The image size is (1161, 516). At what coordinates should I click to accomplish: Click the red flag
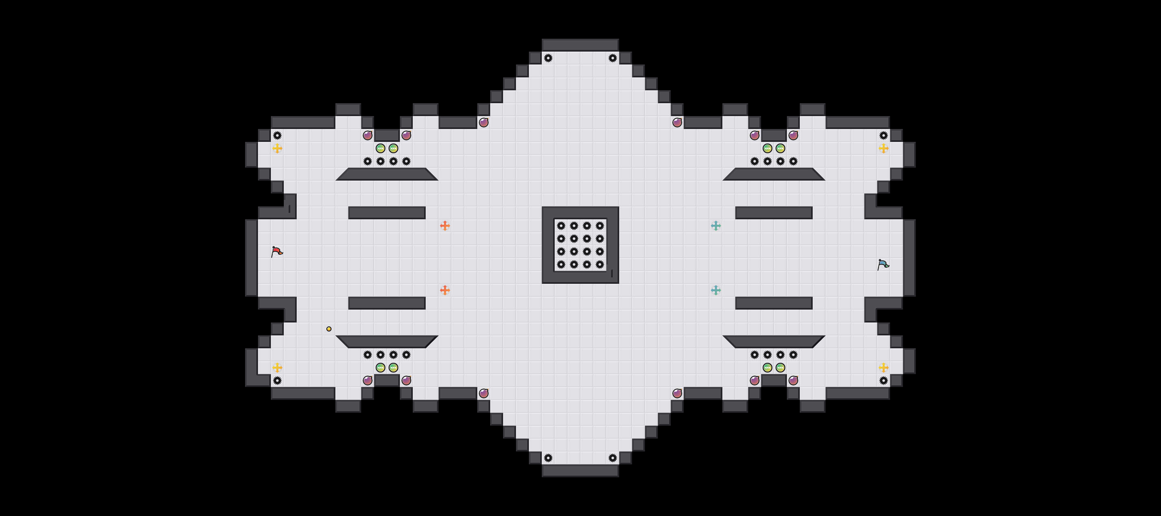click(x=277, y=252)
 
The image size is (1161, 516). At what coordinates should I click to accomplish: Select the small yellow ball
click(x=329, y=329)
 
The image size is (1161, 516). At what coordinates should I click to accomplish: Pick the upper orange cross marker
click(x=445, y=226)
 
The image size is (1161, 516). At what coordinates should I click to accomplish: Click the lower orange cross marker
click(x=445, y=290)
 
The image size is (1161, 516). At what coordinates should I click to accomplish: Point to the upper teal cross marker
click(x=716, y=226)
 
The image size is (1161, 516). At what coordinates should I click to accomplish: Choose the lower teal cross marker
click(x=716, y=290)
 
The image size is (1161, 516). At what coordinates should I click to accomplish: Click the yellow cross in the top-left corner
click(x=277, y=148)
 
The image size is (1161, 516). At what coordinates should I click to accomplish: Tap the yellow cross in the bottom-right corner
click(x=883, y=368)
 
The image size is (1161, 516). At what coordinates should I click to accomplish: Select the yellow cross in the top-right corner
click(x=883, y=148)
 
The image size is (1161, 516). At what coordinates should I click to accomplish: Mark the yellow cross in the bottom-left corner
click(x=277, y=368)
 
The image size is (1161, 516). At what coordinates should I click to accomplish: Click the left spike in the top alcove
click(x=548, y=58)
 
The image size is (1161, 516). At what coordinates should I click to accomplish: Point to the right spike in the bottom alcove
click(x=612, y=458)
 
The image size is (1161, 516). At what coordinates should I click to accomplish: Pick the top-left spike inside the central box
click(x=561, y=226)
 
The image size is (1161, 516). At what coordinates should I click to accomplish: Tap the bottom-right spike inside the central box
click(x=600, y=264)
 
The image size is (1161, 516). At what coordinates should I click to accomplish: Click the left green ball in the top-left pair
click(x=381, y=148)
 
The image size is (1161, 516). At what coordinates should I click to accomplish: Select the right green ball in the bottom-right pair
click(x=780, y=368)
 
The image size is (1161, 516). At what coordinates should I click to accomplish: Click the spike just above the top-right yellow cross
click(x=883, y=135)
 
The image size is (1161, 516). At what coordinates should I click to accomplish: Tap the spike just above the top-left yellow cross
click(x=277, y=135)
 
